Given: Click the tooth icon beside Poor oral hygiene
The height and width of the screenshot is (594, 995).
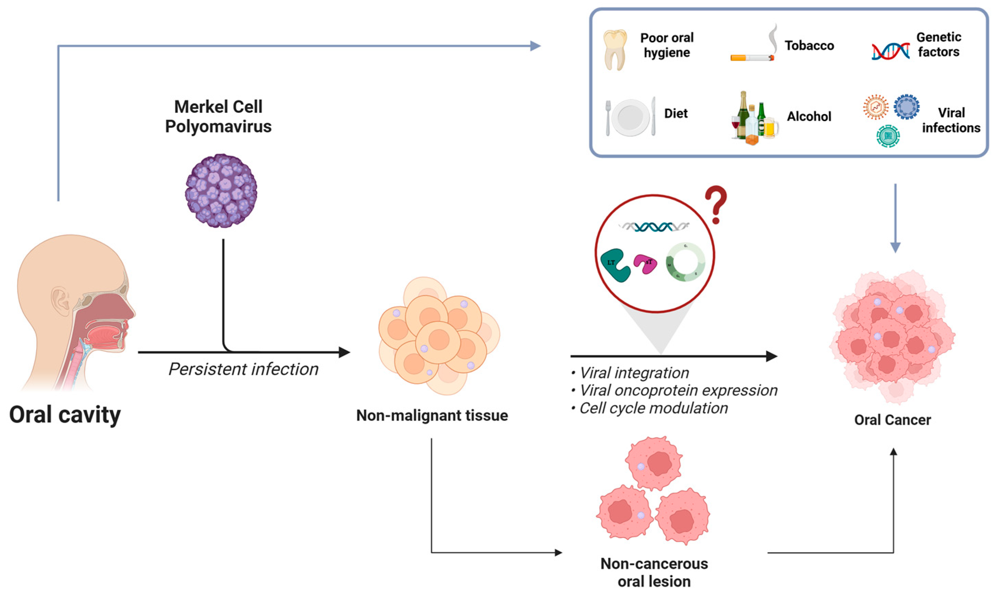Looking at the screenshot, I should click(x=615, y=50).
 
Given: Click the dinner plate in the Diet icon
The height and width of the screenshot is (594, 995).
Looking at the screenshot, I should click(x=631, y=118).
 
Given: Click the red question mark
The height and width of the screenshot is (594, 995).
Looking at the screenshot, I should click(x=716, y=204).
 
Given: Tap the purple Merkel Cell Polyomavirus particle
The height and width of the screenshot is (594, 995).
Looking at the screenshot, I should click(x=221, y=191).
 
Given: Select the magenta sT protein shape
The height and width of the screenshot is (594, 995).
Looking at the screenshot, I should click(x=645, y=265).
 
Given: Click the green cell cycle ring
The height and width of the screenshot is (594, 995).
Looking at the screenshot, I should click(x=685, y=262).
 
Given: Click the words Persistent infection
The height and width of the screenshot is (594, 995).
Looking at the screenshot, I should click(x=243, y=369).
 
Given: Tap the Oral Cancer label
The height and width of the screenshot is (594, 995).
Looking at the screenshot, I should click(x=892, y=420).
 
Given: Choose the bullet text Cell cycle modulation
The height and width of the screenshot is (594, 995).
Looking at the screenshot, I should click(x=653, y=408).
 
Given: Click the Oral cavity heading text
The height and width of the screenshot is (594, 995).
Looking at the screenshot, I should click(x=65, y=415).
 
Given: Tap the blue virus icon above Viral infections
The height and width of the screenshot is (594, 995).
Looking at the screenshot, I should click(x=906, y=107).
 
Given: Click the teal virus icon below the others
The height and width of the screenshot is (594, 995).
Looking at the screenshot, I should click(x=888, y=136).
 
